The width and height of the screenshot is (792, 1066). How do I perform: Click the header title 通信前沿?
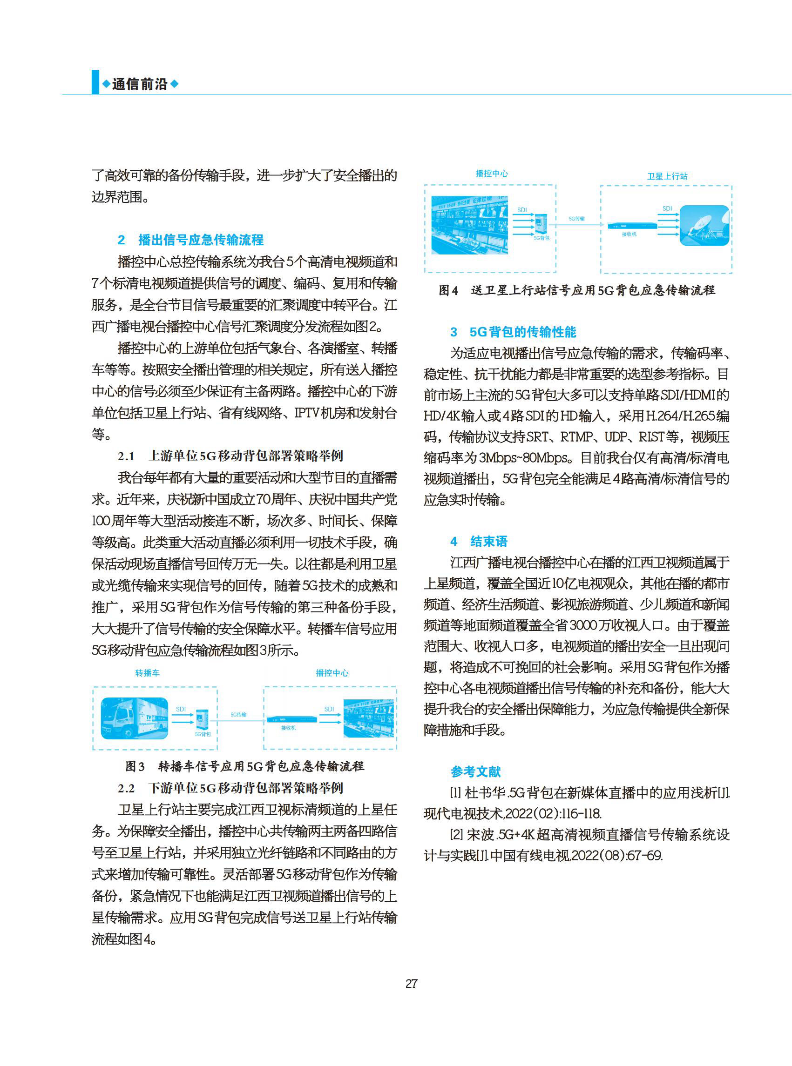click(140, 84)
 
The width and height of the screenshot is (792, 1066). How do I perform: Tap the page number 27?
click(411, 984)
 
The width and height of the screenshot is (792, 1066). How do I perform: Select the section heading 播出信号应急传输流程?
click(200, 240)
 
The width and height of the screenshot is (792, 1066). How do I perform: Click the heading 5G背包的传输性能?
click(522, 332)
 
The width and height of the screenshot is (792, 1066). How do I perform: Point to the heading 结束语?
click(488, 542)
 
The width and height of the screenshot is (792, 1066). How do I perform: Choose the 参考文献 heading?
click(475, 771)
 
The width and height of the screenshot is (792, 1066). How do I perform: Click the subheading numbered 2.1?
click(230, 456)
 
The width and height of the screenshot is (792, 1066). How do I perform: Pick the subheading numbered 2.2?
click(230, 788)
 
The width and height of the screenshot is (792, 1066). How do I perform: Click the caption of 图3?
click(244, 766)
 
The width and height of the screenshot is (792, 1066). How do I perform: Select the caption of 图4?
click(577, 290)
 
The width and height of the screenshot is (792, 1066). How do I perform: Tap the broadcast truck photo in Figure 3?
click(134, 717)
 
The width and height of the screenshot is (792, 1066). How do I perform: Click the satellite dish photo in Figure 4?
click(704, 226)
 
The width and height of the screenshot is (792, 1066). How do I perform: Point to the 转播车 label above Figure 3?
click(147, 673)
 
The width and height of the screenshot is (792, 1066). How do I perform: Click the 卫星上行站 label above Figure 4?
click(667, 176)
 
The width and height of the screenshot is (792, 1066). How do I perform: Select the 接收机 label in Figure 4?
click(629, 235)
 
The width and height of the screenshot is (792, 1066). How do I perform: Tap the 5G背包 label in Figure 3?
click(203, 734)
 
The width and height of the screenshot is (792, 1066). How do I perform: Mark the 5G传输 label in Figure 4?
click(577, 219)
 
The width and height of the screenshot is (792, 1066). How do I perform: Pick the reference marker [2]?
click(456, 835)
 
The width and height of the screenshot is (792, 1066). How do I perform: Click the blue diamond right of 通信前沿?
click(175, 84)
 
